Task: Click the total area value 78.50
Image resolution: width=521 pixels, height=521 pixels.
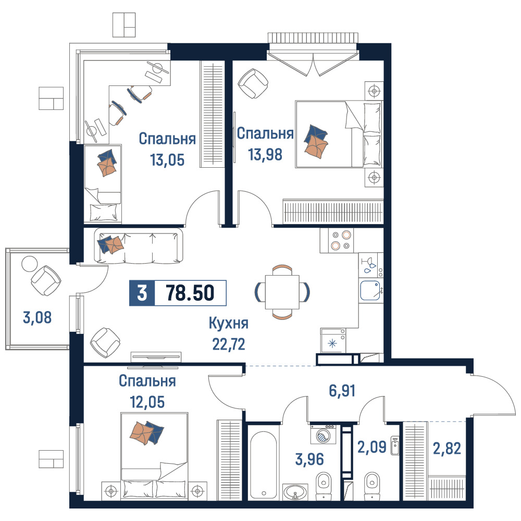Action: [x=190, y=293]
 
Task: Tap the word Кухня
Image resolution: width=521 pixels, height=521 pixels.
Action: [x=229, y=324]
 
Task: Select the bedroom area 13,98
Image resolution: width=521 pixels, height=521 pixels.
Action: [x=265, y=155]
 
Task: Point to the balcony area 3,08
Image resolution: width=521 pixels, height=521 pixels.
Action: [x=37, y=317]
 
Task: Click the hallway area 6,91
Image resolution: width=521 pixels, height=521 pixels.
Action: [x=342, y=391]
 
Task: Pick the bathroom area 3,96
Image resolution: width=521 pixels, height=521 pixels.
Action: [x=309, y=459]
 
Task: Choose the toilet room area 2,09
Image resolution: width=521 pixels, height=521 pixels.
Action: [x=372, y=447]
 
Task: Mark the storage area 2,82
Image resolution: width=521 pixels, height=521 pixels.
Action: [x=447, y=449]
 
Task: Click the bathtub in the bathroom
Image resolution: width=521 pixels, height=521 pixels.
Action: [x=263, y=465]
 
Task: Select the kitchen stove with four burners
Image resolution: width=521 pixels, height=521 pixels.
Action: [x=337, y=240]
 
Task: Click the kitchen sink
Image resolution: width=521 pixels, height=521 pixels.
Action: [x=370, y=291]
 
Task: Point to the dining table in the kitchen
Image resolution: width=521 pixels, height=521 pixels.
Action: [x=282, y=292]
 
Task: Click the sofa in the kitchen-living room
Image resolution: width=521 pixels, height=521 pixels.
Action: [x=139, y=246]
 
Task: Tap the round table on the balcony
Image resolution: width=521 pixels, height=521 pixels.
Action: [x=30, y=264]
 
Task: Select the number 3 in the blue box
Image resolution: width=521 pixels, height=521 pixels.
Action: [x=142, y=293]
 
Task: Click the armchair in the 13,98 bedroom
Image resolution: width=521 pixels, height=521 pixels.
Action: [x=253, y=84]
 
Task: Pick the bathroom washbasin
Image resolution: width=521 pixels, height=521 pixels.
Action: [x=295, y=491]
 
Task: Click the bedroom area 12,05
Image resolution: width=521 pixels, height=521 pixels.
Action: [x=147, y=402]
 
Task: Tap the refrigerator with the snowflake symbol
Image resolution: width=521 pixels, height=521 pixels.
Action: [x=333, y=340]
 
